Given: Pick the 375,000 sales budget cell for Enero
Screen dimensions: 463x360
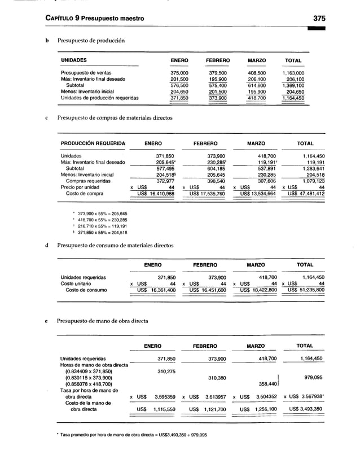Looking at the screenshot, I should [x=179, y=73].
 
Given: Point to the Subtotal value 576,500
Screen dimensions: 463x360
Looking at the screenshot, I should [x=179, y=85].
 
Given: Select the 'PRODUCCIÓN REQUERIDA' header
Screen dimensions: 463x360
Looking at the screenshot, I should [x=93, y=144].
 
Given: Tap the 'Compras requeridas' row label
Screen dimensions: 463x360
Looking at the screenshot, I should [x=88, y=181].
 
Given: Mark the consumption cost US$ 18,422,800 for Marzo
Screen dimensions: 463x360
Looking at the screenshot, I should [x=258, y=290].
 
